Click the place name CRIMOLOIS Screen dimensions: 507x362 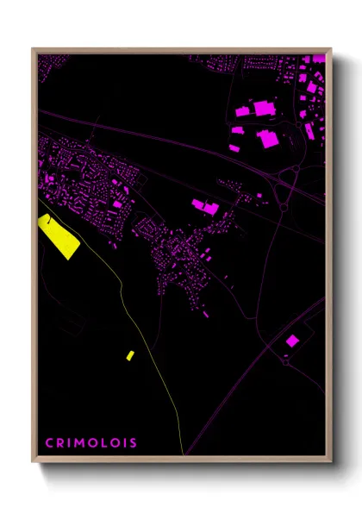(90, 443)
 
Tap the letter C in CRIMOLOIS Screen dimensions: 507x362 (48, 443)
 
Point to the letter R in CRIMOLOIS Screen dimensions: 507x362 (59, 443)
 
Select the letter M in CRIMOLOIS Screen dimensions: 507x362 (79, 443)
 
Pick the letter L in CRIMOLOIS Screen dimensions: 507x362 (102, 443)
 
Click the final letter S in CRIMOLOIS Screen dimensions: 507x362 (133, 443)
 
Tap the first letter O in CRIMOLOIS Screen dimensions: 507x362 (91, 443)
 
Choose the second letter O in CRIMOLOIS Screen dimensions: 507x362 (113, 443)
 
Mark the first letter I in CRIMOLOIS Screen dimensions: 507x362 (68, 443)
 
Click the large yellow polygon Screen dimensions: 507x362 (59, 235)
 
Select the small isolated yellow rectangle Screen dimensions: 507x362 (129, 354)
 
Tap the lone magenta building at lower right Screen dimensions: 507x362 (292, 341)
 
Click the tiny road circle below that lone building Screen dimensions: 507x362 (284, 356)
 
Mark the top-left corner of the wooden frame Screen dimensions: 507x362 (33, 49)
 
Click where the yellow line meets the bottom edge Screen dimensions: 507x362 (183, 454)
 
